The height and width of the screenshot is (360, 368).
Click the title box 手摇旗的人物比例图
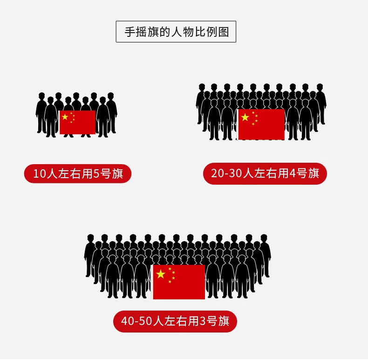click(176, 32)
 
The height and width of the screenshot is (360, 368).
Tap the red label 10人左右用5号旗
click(78, 174)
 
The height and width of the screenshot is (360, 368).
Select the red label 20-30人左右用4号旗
click(265, 174)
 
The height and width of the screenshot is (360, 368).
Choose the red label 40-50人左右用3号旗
click(175, 322)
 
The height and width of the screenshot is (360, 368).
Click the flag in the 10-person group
click(77, 122)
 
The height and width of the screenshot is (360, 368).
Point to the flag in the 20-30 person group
click(261, 124)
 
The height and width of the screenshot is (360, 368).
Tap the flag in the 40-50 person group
click(179, 282)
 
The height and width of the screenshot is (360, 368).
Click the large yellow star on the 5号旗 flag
click(65, 117)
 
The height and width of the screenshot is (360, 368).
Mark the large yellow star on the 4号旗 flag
click(245, 117)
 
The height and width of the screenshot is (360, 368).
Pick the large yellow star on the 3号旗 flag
click(161, 274)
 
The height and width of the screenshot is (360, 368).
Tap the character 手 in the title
click(129, 32)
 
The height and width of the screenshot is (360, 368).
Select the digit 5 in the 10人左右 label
click(97, 174)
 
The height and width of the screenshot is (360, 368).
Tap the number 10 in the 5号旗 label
click(39, 174)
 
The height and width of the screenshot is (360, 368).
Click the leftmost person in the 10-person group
click(41, 112)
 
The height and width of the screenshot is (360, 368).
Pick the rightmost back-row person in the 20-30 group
click(320, 103)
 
